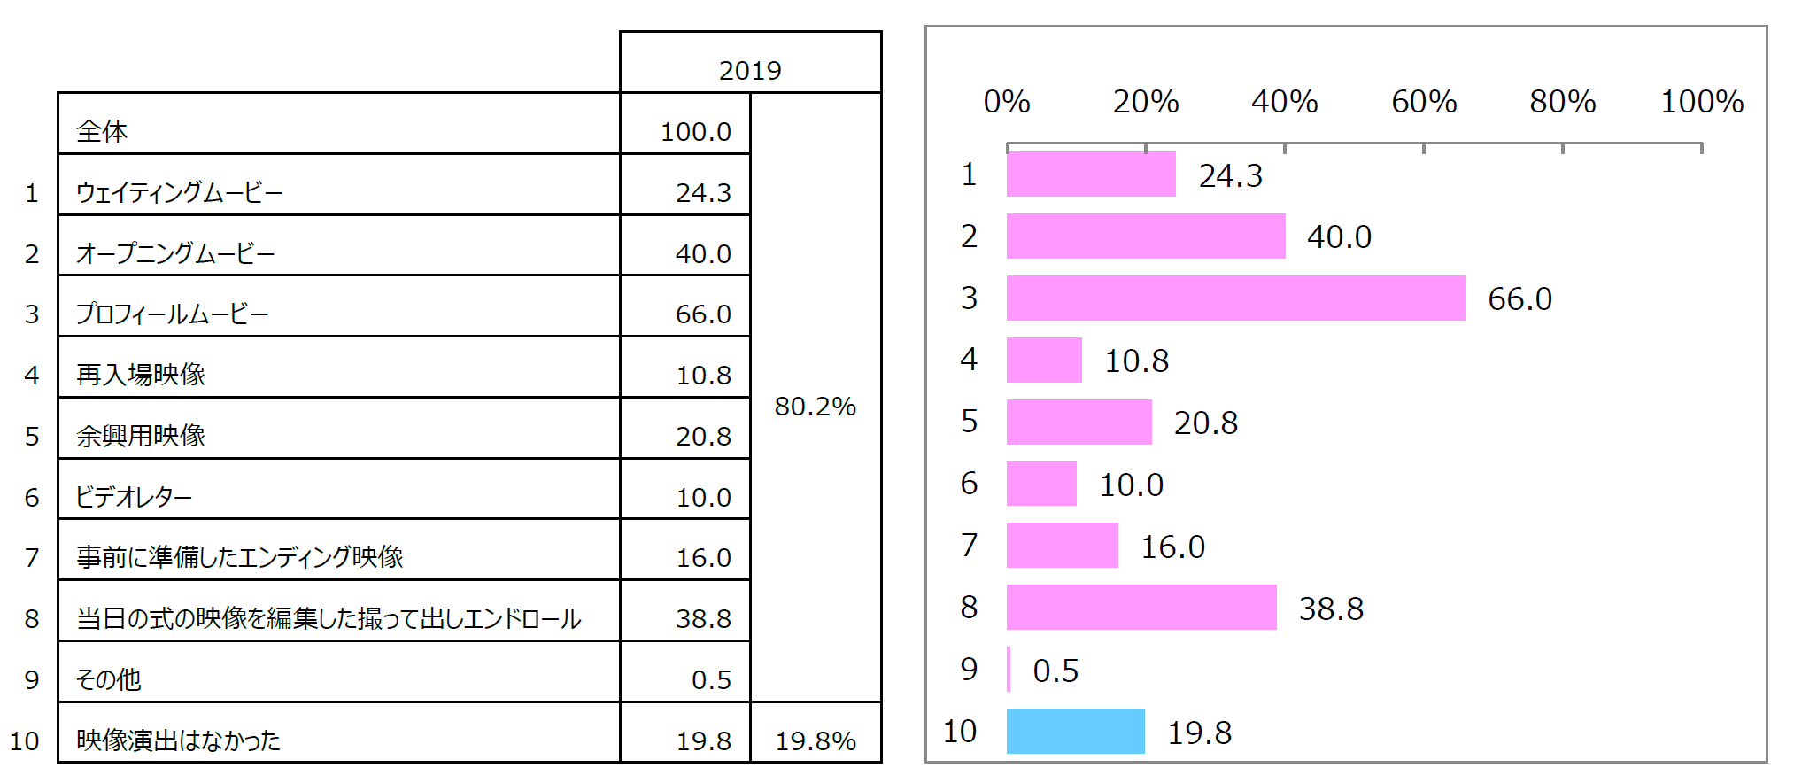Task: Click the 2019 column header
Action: [x=750, y=70]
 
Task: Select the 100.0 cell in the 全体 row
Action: [x=695, y=132]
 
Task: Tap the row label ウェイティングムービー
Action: [x=179, y=192]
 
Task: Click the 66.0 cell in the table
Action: [x=703, y=314]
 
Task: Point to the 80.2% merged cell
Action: [x=815, y=407]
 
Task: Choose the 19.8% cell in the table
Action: [x=815, y=740]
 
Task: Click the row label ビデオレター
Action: [x=134, y=497]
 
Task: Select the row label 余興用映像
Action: [x=141, y=436]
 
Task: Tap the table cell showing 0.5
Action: [x=711, y=679]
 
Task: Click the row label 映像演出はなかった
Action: [x=178, y=740]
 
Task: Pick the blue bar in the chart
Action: [x=1075, y=732]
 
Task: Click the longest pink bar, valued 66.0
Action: [x=1235, y=298]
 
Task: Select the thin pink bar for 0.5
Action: [x=1009, y=670]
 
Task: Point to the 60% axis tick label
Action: [x=1424, y=102]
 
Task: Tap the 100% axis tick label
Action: [x=1702, y=102]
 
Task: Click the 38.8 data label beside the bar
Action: [x=1331, y=609]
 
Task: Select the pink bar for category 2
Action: [x=1146, y=236]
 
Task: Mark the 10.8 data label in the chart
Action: [x=1136, y=361]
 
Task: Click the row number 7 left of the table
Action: [x=32, y=558]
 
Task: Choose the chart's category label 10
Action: [x=960, y=732]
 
